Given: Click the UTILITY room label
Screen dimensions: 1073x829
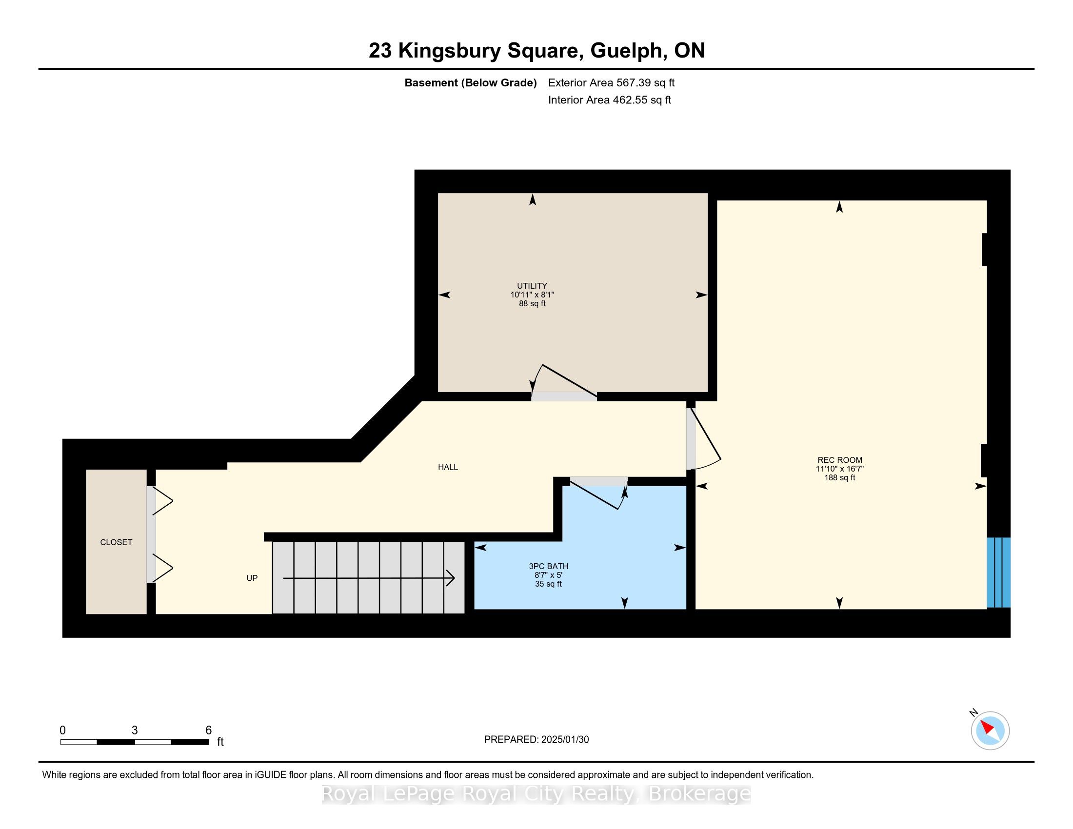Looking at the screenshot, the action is coord(532,286).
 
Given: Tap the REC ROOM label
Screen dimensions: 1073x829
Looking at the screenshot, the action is coord(840,460).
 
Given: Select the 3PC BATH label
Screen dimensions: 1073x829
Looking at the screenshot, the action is coord(548,566).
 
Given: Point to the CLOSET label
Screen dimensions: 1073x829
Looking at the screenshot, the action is coord(116,542).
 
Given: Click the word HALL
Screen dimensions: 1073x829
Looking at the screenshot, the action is coord(448,468).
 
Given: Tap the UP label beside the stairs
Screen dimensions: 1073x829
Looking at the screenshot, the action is coord(252,578).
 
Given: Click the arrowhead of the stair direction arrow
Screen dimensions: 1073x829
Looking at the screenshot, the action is coord(451,578).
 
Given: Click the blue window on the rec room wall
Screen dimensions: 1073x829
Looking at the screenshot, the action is coord(999,572).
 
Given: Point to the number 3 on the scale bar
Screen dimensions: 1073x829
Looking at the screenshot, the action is coord(135,730).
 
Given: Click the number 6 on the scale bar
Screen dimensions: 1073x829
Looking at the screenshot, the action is coord(208,730).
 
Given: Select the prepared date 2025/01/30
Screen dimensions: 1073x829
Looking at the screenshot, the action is coord(565,740).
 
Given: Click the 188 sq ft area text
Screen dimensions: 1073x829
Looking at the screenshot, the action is coord(840,478).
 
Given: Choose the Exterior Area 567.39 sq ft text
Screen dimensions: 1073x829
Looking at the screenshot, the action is coord(611,83).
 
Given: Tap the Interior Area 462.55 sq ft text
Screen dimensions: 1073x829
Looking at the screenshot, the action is coord(610,100).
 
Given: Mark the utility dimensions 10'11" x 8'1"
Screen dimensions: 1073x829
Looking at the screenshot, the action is coord(532,295).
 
